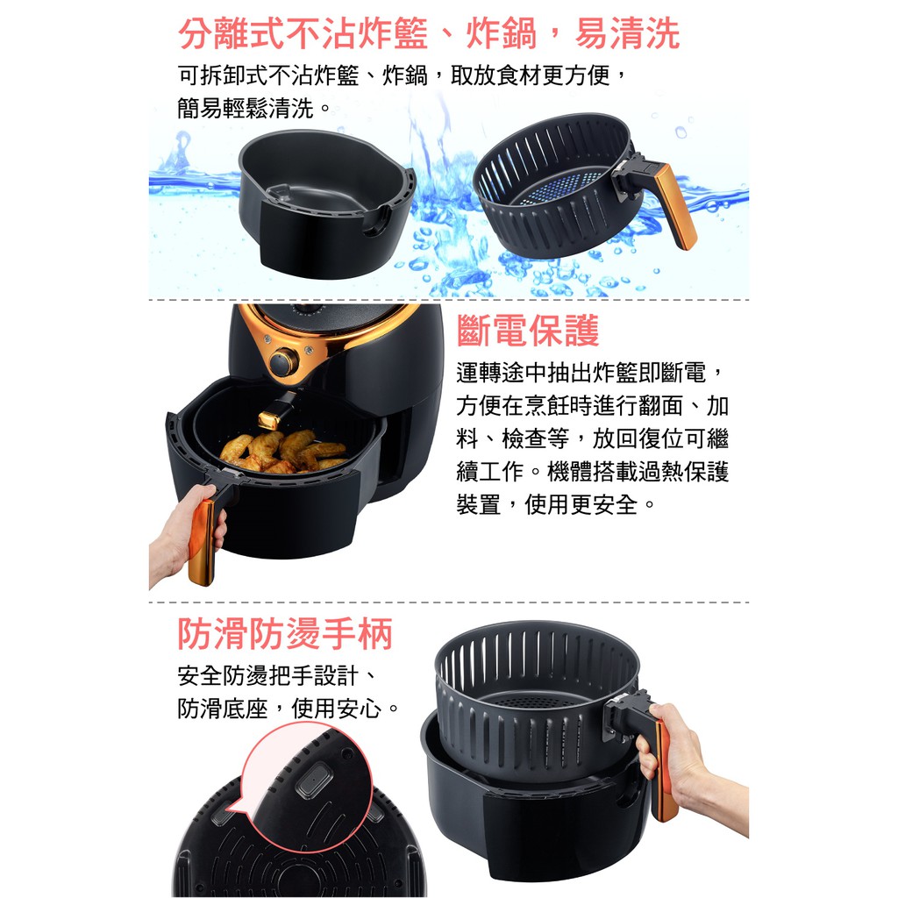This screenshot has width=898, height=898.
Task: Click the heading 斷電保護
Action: click(x=527, y=331)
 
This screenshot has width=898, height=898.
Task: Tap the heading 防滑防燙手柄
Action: click(x=285, y=634)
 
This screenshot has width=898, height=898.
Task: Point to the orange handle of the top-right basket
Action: click(x=676, y=206)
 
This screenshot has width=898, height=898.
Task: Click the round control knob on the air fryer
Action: click(x=283, y=362)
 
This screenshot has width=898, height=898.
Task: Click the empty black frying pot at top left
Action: click(x=325, y=203)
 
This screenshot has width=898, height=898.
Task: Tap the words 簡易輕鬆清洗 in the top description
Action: click(x=246, y=108)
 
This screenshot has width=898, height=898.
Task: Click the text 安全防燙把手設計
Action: click(x=267, y=676)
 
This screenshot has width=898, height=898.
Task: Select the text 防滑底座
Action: click(x=222, y=709)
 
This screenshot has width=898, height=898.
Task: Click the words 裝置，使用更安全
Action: click(x=547, y=504)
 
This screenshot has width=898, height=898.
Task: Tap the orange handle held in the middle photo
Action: click(x=203, y=541)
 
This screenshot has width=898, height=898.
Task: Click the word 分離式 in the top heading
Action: click(x=232, y=33)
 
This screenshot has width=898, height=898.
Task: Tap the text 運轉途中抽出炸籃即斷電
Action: click(x=581, y=372)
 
